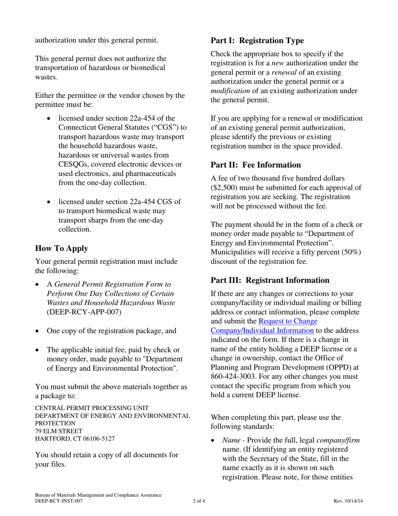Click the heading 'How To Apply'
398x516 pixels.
[x=62, y=248]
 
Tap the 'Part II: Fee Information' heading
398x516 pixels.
[x=256, y=165]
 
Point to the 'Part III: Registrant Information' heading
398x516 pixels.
[x=270, y=280]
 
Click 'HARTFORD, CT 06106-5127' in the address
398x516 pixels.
[x=75, y=438]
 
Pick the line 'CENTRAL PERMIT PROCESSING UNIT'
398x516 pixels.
[x=92, y=408]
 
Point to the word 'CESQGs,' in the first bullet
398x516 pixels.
[x=74, y=164]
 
